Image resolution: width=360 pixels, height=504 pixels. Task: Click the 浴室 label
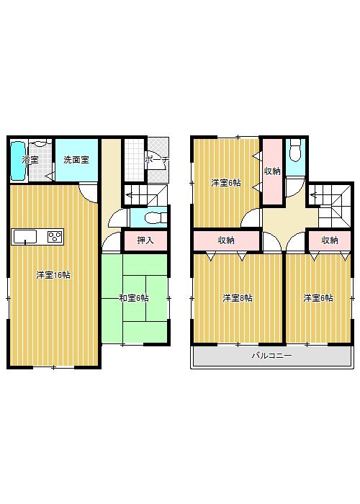30,160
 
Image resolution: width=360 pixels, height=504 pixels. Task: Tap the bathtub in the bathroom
17,161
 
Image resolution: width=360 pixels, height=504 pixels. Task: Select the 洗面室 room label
75,160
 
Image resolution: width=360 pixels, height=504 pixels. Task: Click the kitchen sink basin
25,236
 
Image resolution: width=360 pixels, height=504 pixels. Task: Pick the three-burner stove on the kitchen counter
54,236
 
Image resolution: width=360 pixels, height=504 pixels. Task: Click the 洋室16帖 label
54,275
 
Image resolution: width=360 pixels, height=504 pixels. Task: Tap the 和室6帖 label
135,297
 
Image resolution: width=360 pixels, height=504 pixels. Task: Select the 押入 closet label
145,240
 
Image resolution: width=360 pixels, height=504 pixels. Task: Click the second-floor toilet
294,153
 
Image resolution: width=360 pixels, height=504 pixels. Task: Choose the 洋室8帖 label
237,297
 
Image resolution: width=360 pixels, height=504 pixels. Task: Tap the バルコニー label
271,356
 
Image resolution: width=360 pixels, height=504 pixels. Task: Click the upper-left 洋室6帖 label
225,183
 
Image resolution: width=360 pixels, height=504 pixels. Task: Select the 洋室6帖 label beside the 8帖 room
318,297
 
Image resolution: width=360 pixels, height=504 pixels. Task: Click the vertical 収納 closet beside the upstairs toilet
271,171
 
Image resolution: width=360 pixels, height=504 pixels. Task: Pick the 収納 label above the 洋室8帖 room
225,240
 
